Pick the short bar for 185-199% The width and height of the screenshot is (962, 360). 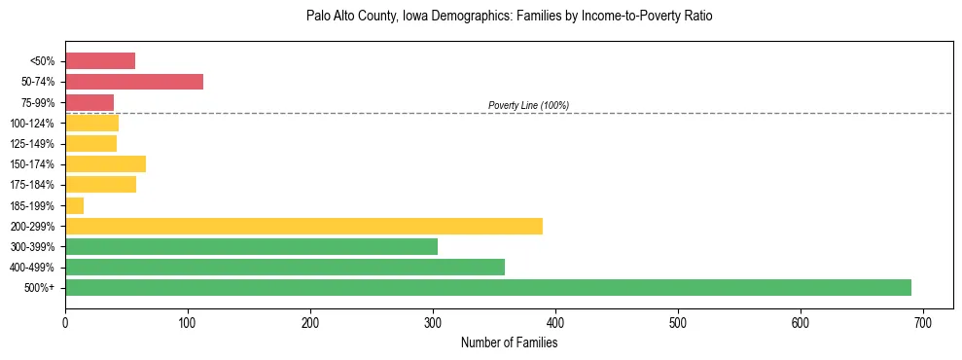74,205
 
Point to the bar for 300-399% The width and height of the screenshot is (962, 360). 251,246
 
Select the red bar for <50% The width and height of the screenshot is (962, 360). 100,61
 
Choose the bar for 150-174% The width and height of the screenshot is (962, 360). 105,163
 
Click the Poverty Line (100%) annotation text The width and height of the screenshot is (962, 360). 528,105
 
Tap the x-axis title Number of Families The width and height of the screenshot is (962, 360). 509,342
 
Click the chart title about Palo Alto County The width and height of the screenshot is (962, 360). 509,17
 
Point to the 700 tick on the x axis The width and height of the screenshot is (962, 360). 923,321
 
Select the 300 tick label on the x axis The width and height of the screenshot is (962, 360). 433,321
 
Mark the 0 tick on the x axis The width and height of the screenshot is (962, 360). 65,321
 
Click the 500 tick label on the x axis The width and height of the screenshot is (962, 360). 678,321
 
